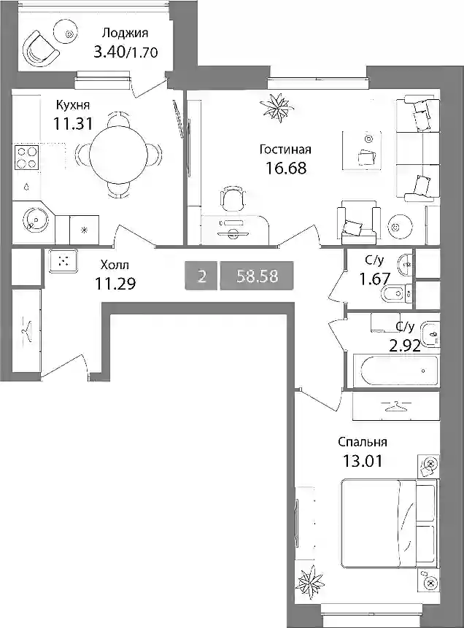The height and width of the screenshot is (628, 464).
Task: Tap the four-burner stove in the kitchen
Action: coord(27,157)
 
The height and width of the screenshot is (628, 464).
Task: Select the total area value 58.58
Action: coord(257,276)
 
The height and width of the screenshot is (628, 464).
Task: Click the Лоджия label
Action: coord(125,33)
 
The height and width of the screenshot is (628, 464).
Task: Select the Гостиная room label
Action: coord(285,150)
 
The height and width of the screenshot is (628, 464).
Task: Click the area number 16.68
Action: coord(286,168)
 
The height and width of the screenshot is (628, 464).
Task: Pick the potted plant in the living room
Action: coord(277,105)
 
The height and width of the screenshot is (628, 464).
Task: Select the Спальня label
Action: coord(362,442)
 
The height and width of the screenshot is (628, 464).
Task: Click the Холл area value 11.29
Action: coord(115,284)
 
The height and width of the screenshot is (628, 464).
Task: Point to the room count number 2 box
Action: coord(201,276)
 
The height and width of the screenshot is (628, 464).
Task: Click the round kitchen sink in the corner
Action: coord(36,220)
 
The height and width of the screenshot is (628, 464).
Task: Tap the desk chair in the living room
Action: coord(232,199)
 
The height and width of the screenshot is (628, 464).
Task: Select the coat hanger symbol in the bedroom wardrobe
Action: coord(396,406)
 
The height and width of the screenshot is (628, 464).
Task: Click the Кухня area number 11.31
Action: coord(73,124)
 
